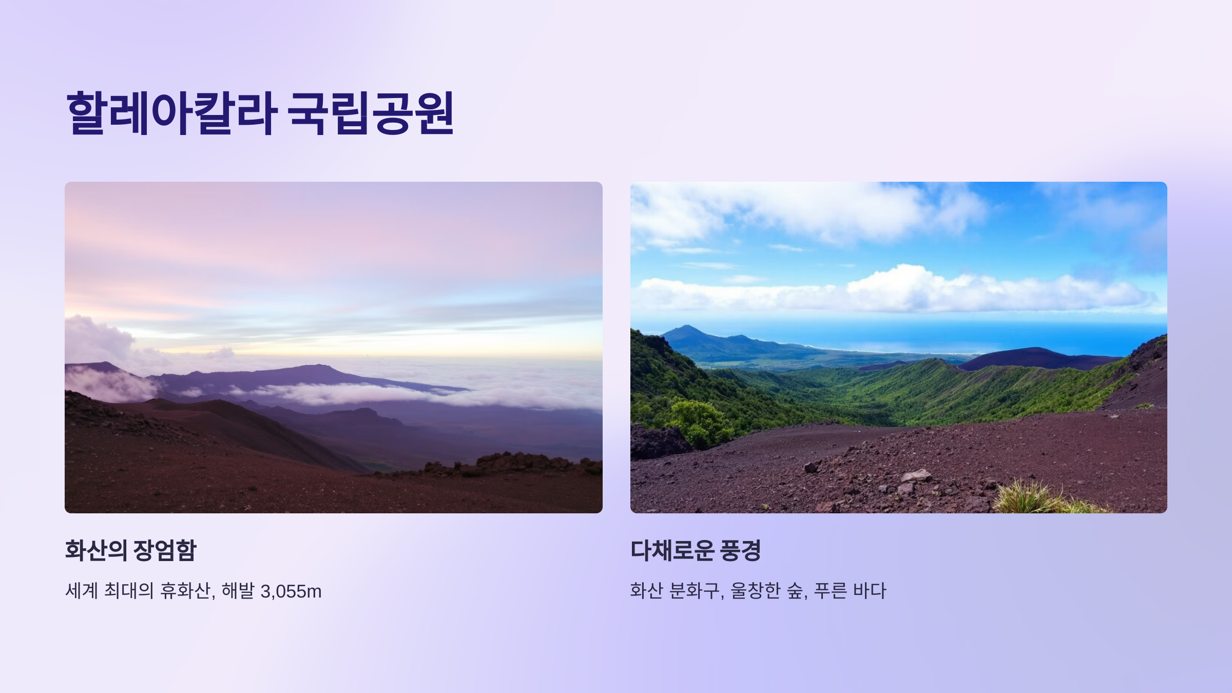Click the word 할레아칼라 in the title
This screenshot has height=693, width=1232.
[x=171, y=113]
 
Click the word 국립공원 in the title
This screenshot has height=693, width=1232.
[x=371, y=113]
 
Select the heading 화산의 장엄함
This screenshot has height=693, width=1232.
[x=131, y=550]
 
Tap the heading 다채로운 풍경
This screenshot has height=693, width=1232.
[x=696, y=550]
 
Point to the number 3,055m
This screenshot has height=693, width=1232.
[x=291, y=591]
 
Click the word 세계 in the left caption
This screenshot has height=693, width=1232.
[x=82, y=591]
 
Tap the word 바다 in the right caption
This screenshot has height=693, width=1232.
[x=869, y=591]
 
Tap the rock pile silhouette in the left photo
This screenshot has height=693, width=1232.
[x=513, y=464]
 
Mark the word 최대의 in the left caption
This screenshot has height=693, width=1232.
[x=129, y=591]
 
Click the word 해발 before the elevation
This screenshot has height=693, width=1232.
[x=238, y=591]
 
